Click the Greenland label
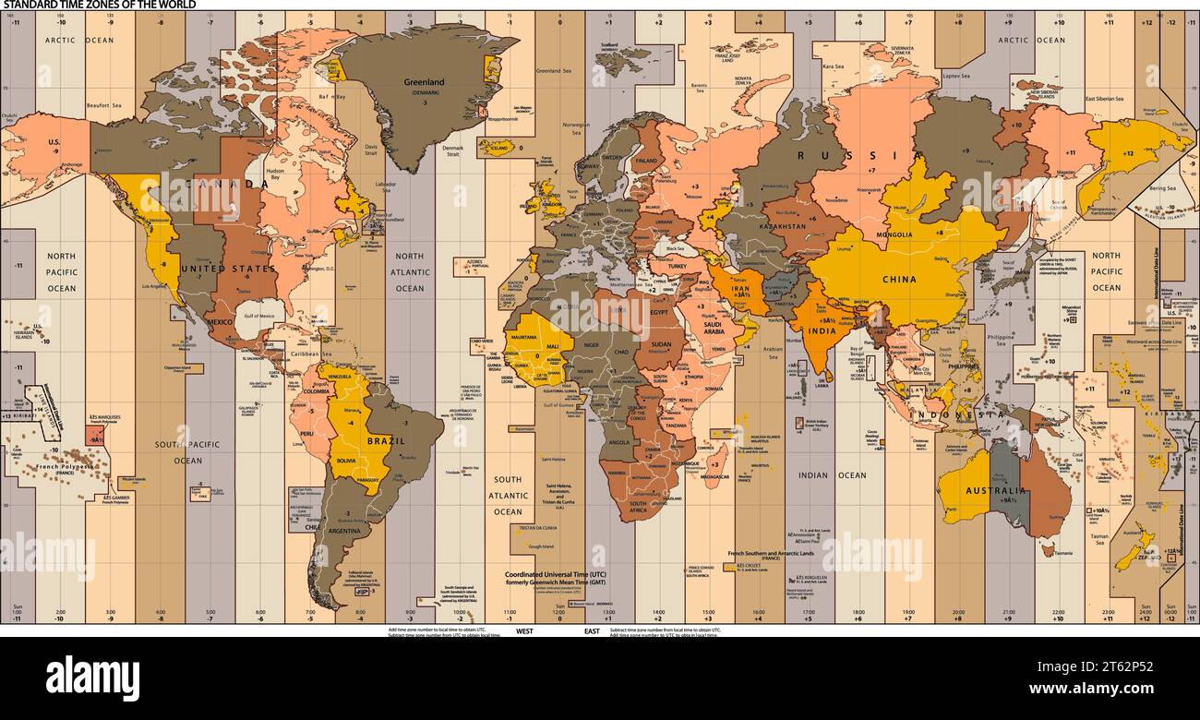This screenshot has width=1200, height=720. pos(425,82)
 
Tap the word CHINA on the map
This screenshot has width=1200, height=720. pos(898,280)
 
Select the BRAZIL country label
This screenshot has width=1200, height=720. pos(386,441)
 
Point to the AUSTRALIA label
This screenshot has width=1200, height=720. pos(996,491)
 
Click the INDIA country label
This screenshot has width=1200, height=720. pos(822,330)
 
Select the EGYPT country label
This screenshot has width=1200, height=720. pos(661,312)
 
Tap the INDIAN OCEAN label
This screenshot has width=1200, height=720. pos(832,475)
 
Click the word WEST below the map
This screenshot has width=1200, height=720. pos(524,631)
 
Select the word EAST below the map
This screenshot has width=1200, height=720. pos(592,631)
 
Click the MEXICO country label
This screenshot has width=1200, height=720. pos(220,322)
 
